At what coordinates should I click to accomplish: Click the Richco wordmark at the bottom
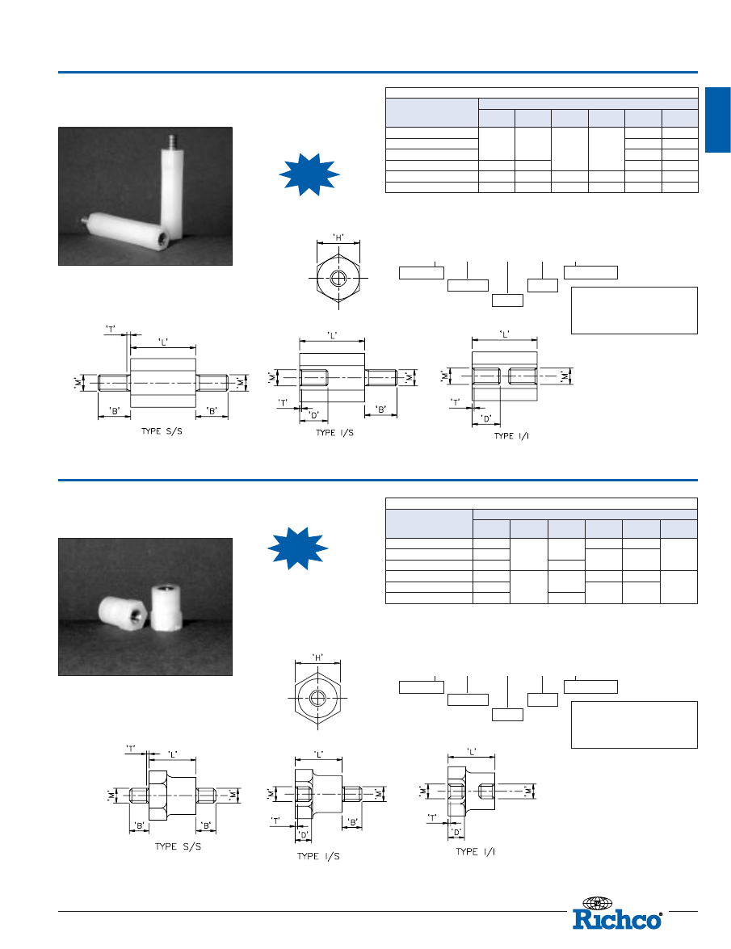tap(617, 919)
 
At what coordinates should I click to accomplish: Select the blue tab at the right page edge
tap(718, 120)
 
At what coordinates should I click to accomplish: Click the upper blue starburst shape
tap(309, 174)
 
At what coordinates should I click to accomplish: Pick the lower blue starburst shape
tap(298, 548)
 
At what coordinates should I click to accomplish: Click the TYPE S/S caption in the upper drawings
tap(162, 431)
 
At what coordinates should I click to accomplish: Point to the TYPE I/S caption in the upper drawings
tap(334, 432)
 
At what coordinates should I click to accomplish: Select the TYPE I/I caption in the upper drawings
tap(511, 436)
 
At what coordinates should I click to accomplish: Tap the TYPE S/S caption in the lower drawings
tap(178, 846)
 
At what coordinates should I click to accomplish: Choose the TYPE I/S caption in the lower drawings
tap(318, 856)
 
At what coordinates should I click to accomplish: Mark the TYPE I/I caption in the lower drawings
tap(476, 851)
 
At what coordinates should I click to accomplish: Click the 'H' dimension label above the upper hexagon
tap(339, 237)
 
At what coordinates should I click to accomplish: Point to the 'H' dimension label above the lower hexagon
tap(317, 657)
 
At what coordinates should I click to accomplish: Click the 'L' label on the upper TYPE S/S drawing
tap(163, 342)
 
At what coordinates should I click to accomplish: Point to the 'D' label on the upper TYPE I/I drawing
tap(486, 418)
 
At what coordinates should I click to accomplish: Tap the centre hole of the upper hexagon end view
tap(338, 279)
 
